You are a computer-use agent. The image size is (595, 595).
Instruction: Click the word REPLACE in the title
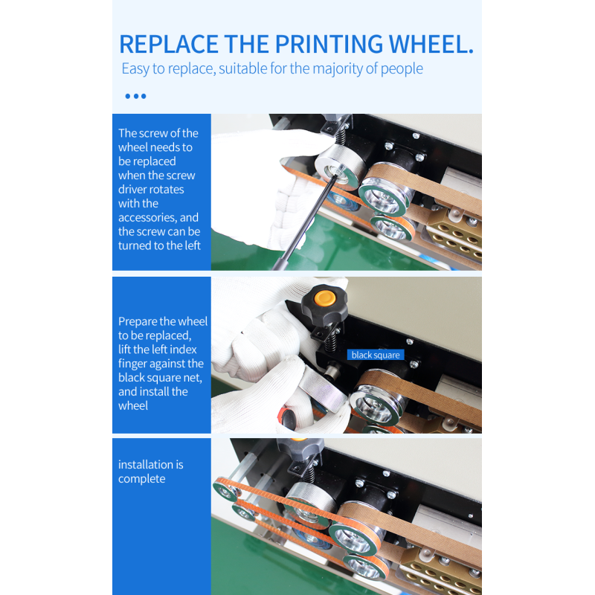point(169,44)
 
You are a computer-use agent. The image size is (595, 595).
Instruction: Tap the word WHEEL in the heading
point(431,44)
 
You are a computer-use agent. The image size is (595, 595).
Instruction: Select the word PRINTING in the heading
point(329,44)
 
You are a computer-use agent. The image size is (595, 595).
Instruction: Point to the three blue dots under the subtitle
point(135,97)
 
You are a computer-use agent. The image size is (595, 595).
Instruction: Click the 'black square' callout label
point(376,355)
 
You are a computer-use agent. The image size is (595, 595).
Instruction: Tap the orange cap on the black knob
point(324,298)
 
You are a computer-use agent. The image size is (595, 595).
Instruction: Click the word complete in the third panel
point(141,479)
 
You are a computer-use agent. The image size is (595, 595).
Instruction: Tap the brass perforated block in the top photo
point(454,233)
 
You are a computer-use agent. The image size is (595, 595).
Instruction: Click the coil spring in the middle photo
point(330,340)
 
